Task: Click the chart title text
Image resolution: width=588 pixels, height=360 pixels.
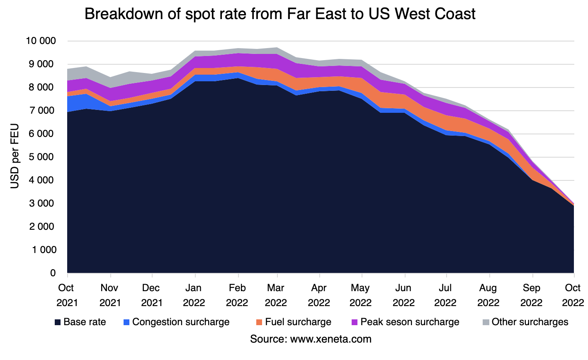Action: tap(280, 15)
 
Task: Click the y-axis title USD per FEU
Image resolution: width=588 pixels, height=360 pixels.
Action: tap(15, 157)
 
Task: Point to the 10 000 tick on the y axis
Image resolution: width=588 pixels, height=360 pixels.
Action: tap(41, 41)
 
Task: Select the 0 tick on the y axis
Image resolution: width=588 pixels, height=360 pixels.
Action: tap(53, 273)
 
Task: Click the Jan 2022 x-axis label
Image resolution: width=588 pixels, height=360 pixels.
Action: tap(194, 295)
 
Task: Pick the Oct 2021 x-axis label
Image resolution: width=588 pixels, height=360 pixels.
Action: tap(67, 295)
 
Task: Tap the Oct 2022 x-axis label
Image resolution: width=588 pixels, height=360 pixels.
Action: tap(573, 295)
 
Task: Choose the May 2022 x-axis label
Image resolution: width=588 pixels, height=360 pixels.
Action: tap(361, 295)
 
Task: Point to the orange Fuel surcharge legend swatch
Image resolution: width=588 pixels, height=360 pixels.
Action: tap(260, 322)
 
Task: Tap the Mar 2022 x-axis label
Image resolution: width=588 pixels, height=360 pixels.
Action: tap(276, 295)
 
